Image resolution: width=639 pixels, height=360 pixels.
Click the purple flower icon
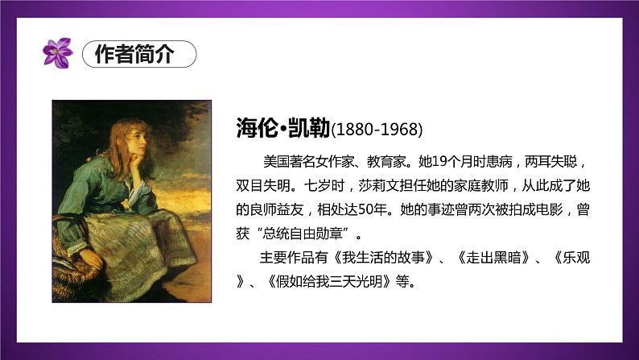click(x=57, y=53)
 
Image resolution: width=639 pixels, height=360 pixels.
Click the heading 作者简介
click(x=138, y=54)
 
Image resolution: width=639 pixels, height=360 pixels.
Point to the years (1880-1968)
click(x=377, y=129)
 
